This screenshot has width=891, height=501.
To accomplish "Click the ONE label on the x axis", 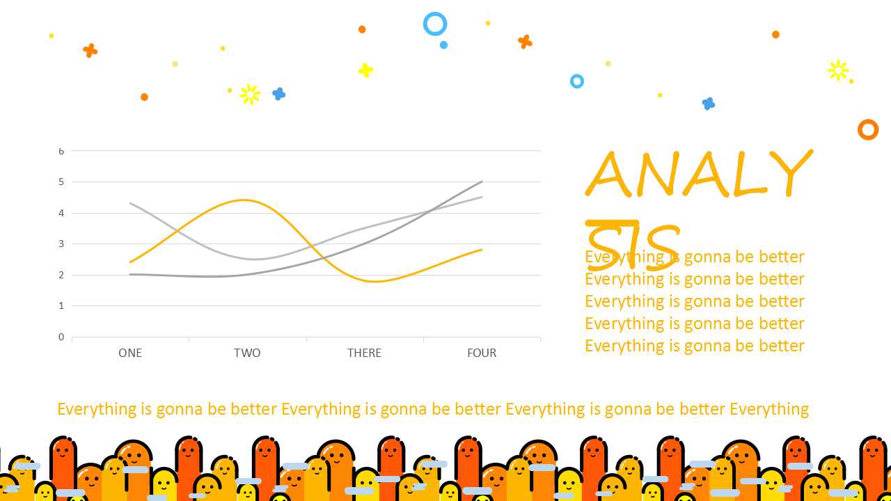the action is click(130, 353).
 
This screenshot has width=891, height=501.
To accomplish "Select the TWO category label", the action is click(247, 353).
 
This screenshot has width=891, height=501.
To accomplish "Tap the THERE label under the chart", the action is click(364, 353).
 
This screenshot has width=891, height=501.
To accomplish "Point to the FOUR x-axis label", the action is click(482, 353).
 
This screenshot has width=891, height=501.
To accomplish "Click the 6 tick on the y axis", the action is click(61, 151).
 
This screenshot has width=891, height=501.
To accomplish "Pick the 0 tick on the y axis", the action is click(61, 337).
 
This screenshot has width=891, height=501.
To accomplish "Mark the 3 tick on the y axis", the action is click(61, 244).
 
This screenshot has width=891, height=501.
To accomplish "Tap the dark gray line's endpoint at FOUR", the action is click(482, 182).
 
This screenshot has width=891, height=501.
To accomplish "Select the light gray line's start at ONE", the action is click(130, 204).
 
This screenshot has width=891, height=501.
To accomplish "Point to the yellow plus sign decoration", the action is click(365, 70).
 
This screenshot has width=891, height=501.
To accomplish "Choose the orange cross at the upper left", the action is click(90, 51).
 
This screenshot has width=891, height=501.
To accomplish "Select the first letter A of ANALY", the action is click(608, 175).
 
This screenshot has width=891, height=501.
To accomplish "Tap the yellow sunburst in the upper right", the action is click(838, 70).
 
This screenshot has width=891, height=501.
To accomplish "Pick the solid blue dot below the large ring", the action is click(444, 45).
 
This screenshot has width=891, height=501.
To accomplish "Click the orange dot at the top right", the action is click(775, 35).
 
